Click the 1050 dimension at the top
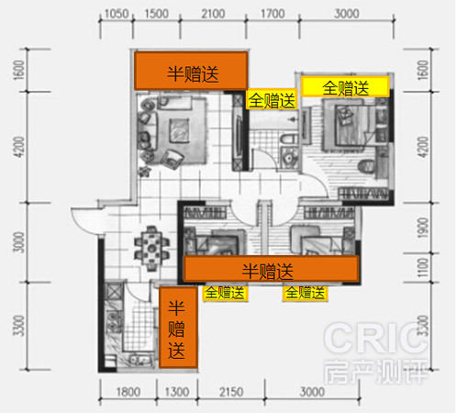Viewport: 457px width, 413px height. tap(117, 14)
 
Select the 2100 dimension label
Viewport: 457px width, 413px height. tap(213, 14)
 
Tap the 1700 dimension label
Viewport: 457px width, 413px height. tap(273, 14)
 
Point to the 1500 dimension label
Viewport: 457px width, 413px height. tap(156, 14)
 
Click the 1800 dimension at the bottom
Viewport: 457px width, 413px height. tap(128, 392)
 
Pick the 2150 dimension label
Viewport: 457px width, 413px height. tap(231, 392)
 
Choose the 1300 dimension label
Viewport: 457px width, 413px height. tap(177, 392)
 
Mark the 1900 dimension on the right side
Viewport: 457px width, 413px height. tap(423, 228)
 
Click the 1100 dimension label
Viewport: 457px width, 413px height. tap(423, 268)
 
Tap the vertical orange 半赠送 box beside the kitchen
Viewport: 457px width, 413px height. tap(178, 328)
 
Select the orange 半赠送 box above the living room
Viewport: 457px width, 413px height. tap(191, 71)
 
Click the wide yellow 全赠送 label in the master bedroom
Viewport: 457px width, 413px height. tap(345, 87)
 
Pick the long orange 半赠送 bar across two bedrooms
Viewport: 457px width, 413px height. tap(271, 269)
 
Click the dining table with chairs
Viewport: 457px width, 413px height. tap(151, 248)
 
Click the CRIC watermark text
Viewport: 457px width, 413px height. tap(375, 339)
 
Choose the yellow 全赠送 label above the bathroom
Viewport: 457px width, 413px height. tap(272, 99)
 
